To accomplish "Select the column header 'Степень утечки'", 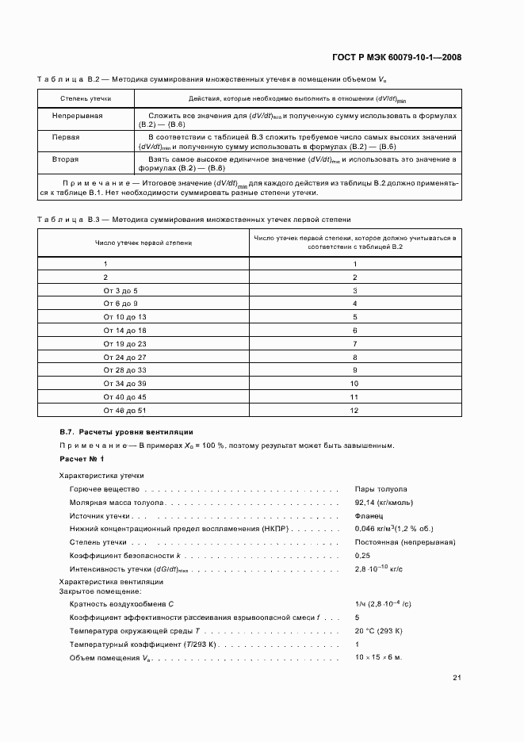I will click(86, 99).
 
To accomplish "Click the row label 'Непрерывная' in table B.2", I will click(78, 116).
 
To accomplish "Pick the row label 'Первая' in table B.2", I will click(66, 137).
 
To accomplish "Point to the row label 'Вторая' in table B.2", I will click(66, 159).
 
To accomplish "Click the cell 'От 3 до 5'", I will click(120, 291).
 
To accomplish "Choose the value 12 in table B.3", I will click(354, 411).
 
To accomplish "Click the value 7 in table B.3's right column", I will click(354, 344).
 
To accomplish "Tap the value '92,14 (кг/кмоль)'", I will click(384, 503).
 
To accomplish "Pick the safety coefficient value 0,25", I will click(362, 556).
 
